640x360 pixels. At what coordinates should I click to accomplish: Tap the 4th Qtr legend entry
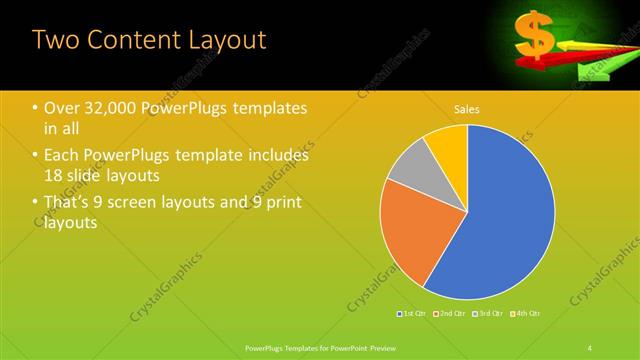tap(527, 314)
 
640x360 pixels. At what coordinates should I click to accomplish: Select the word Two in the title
tap(54, 41)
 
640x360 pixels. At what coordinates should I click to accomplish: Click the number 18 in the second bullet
tap(55, 175)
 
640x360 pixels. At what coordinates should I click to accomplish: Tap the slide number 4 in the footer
tap(590, 347)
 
